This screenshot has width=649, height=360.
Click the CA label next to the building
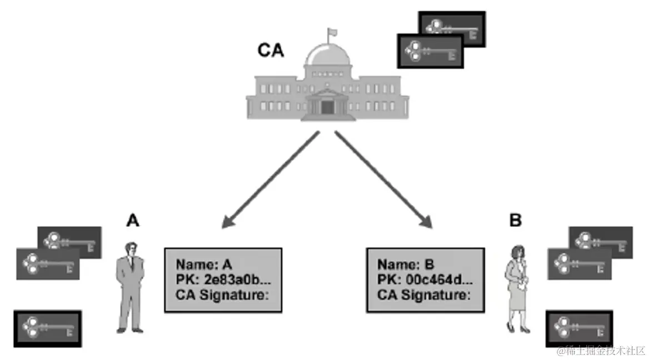click(x=271, y=51)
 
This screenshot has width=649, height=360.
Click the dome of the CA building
click(x=328, y=56)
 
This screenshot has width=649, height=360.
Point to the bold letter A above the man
click(x=132, y=221)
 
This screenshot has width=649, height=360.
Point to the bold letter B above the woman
click(x=516, y=221)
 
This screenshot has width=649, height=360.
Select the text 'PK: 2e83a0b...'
click(x=221, y=279)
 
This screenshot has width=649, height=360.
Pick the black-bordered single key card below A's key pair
click(x=47, y=328)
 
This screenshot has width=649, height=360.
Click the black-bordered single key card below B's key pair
click(x=580, y=328)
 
